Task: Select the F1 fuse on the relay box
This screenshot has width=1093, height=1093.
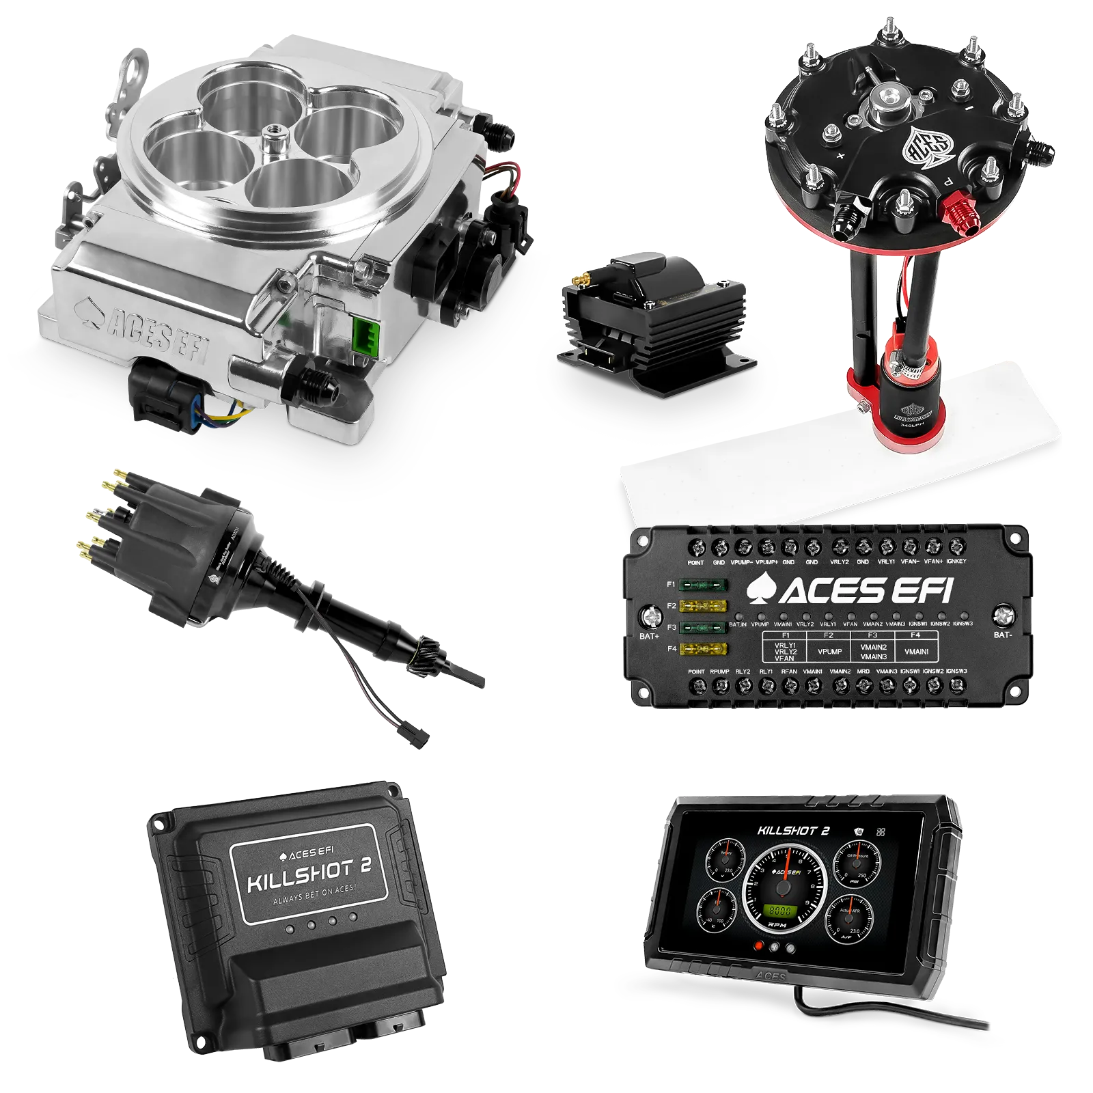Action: pos(703,585)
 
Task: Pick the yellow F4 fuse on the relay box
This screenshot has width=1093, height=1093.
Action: pos(703,649)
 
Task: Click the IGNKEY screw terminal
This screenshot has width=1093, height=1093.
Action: pos(956,546)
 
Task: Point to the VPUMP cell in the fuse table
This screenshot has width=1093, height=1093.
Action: pos(829,652)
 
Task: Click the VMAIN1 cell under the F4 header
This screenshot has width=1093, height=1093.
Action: pos(916,652)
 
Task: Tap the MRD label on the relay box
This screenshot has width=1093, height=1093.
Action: pos(863,672)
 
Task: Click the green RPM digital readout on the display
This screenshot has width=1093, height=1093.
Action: pos(779,911)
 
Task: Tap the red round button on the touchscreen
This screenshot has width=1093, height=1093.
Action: pos(758,947)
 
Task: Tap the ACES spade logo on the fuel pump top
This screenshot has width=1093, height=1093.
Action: pos(929,148)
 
